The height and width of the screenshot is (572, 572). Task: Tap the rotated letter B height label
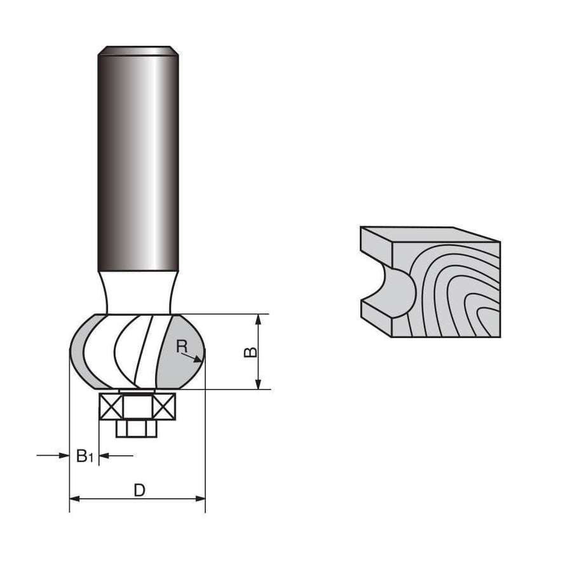tap(252, 351)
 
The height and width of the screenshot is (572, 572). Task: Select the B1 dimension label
tap(85, 456)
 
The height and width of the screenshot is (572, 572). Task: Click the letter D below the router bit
tap(139, 491)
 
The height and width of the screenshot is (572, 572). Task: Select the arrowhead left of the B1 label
tap(63, 455)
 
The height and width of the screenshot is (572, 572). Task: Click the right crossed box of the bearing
tap(162, 406)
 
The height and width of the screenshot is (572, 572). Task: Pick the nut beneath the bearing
tap(137, 429)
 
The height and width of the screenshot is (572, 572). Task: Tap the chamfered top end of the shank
tap(137, 49)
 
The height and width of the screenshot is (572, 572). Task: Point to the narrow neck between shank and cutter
tap(137, 292)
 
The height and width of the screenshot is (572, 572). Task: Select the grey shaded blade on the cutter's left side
tap(82, 353)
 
